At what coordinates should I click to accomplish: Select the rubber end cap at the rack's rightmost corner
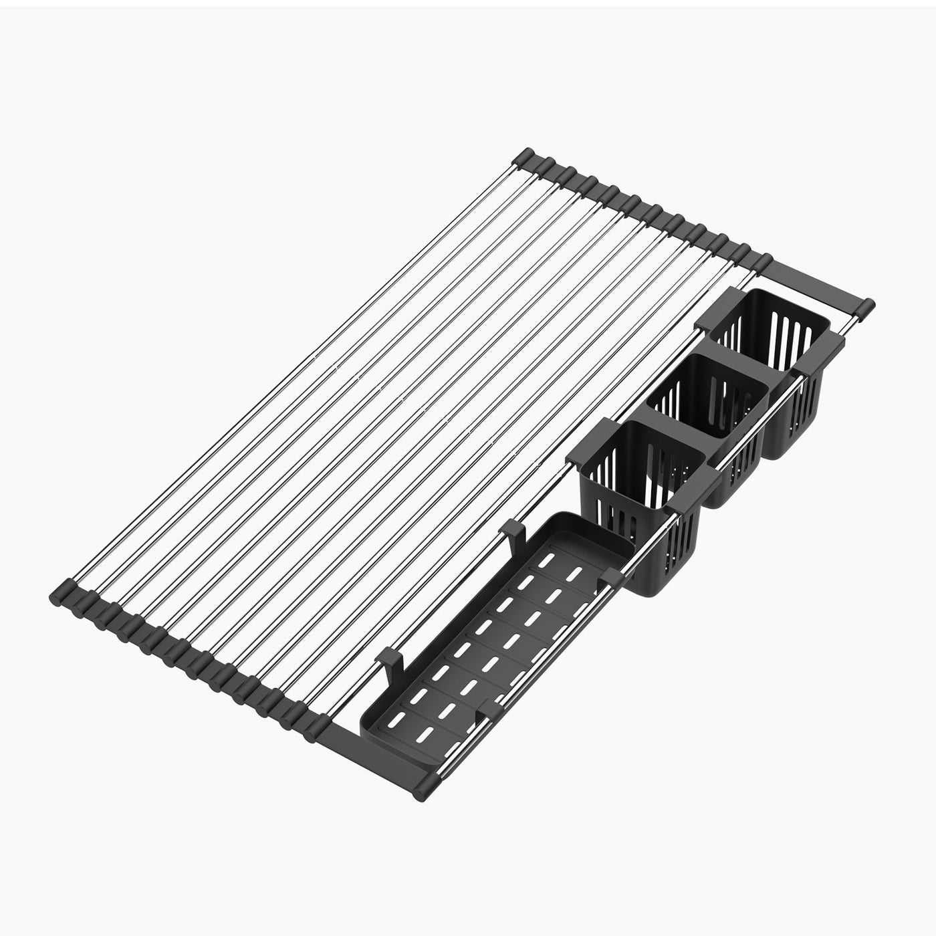tap(866, 307)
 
